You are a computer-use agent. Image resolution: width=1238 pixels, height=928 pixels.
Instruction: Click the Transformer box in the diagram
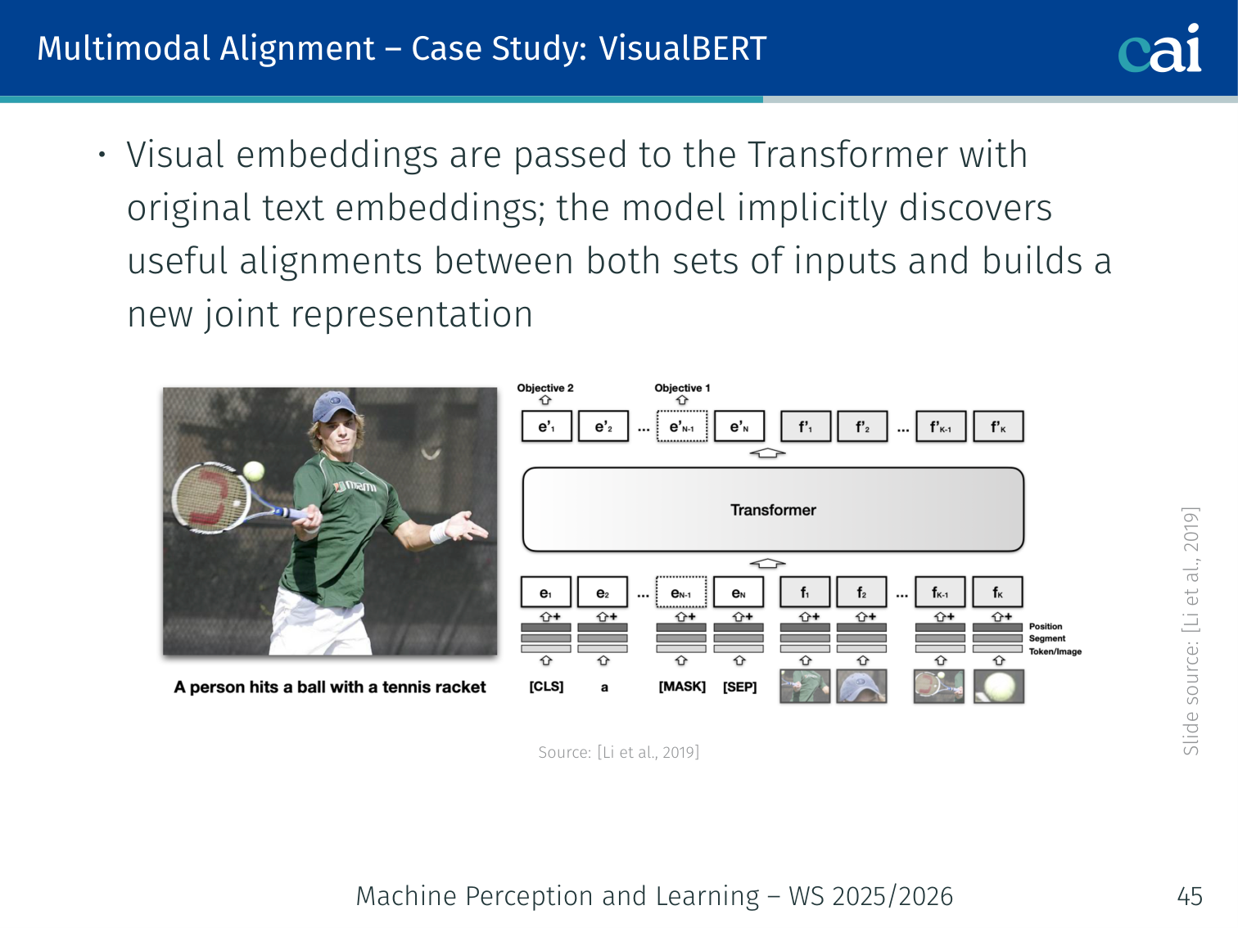click(x=773, y=509)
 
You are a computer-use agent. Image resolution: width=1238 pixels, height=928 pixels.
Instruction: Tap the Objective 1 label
click(x=682, y=388)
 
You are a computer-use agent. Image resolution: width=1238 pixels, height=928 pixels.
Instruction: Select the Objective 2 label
click(x=544, y=388)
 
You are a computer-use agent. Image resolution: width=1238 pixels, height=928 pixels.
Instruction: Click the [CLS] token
click(x=546, y=687)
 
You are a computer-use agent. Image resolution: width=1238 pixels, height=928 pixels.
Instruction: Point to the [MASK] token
click(x=682, y=687)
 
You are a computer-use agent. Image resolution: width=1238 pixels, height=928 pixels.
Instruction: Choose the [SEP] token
click(x=739, y=687)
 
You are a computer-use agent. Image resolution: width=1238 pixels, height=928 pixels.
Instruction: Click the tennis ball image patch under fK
click(x=998, y=686)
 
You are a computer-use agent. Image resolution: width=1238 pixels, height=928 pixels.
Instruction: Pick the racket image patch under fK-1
click(x=939, y=686)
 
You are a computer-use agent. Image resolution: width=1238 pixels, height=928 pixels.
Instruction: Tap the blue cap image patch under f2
click(x=861, y=686)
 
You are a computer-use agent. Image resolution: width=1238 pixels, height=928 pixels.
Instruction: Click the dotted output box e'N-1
click(x=682, y=426)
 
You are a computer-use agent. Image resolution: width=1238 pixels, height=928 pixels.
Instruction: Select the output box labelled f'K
click(x=998, y=426)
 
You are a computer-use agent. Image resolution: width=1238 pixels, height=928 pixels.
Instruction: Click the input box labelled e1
click(x=545, y=592)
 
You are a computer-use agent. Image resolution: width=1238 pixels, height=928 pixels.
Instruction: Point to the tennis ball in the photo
click(x=253, y=471)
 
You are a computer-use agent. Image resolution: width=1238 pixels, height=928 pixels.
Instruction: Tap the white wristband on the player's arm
click(x=439, y=531)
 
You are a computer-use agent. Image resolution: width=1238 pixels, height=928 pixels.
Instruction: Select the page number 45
click(x=1190, y=896)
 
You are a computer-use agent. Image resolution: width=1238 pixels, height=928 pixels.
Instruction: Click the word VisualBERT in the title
click(x=682, y=48)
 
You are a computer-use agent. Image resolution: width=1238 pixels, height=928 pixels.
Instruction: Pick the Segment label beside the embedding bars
click(x=1046, y=638)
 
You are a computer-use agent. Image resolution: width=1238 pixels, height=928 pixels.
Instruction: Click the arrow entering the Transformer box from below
click(x=767, y=563)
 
